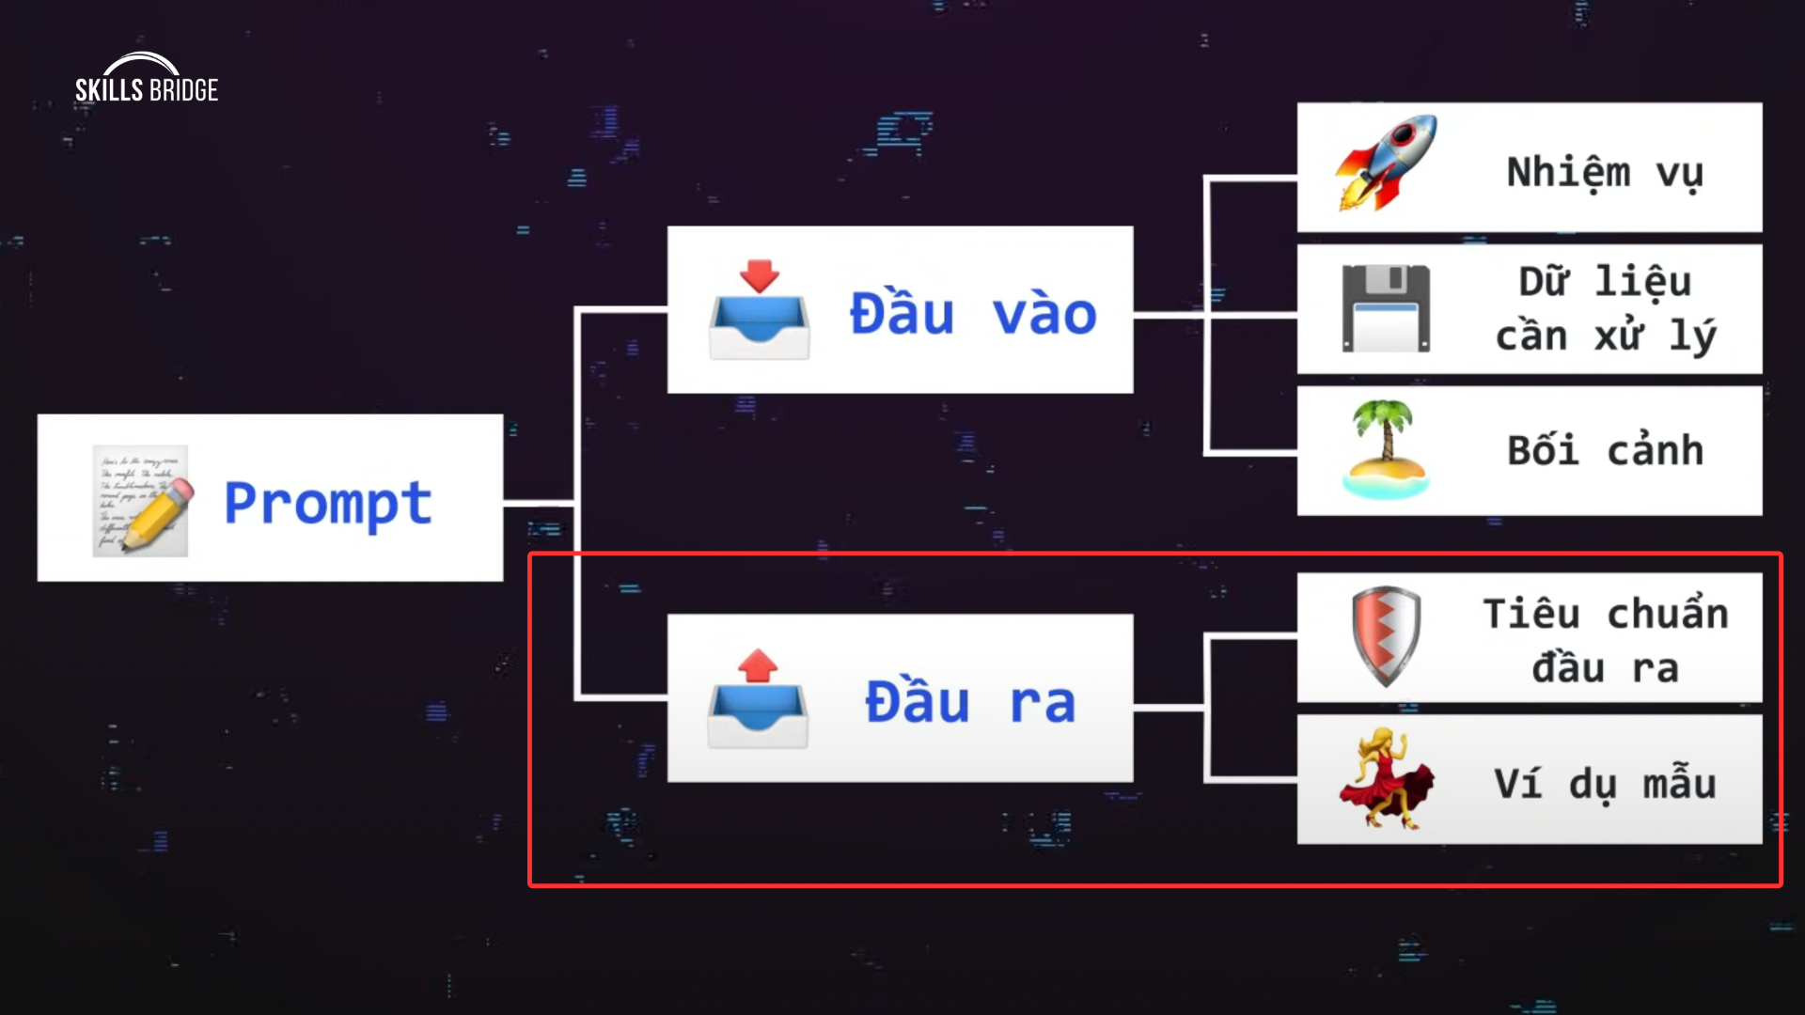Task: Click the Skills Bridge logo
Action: click(147, 79)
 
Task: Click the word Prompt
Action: click(328, 504)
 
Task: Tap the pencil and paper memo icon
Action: click(141, 501)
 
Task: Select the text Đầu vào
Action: click(972, 313)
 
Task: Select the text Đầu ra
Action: click(969, 702)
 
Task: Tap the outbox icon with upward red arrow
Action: click(758, 700)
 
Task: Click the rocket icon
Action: click(1386, 164)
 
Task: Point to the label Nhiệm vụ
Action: click(1605, 173)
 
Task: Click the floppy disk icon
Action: click(1386, 309)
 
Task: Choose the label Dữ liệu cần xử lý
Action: click(1605, 309)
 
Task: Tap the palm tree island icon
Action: click(1386, 449)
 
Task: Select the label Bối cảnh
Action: click(1605, 451)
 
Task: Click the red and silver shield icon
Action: click(1386, 636)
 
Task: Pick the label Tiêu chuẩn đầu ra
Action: click(1605, 640)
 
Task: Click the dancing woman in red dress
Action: click(1386, 778)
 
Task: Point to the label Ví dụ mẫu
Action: click(1605, 784)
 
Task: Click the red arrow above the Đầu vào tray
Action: click(759, 275)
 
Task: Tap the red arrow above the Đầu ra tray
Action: click(758, 665)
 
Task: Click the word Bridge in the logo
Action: click(183, 90)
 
